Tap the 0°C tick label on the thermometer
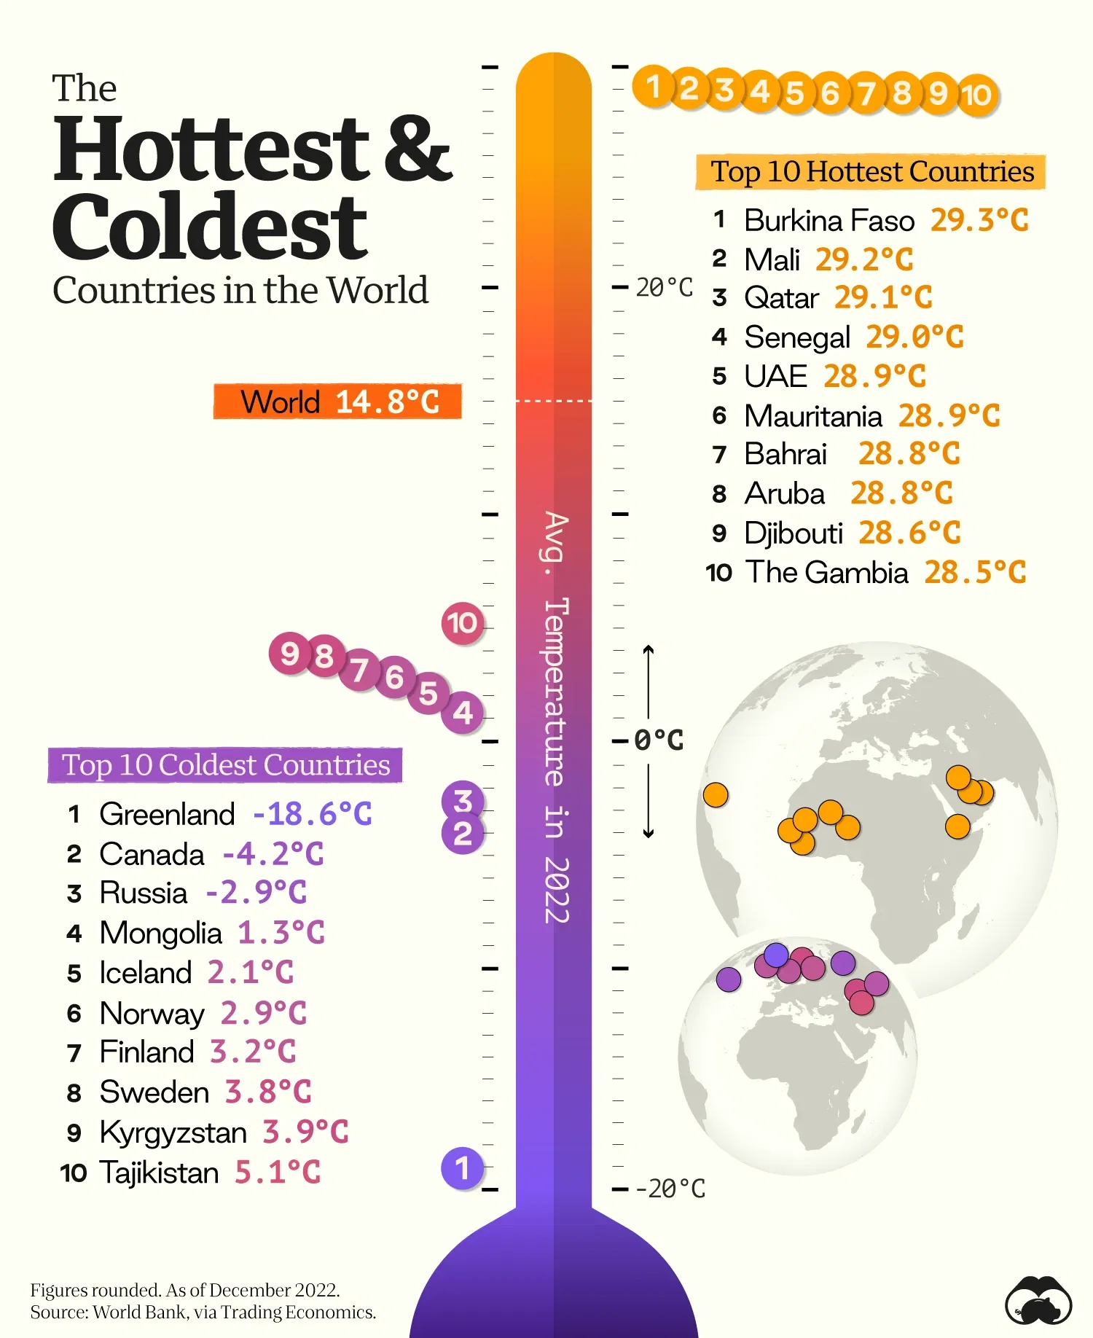659,740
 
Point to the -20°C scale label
670,1189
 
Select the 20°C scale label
664,288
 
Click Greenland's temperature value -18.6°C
312,814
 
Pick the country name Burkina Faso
829,221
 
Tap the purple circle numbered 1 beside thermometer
462,1168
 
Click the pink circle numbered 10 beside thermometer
462,623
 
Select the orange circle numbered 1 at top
653,87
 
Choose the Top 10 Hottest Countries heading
871,172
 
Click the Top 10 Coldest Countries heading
226,765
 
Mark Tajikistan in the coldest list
159,1173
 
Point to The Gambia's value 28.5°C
975,572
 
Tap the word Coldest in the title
210,226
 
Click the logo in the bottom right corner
1038,1301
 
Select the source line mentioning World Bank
203,1312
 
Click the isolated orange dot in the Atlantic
716,794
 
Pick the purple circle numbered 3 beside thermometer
463,800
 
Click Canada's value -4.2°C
273,854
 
